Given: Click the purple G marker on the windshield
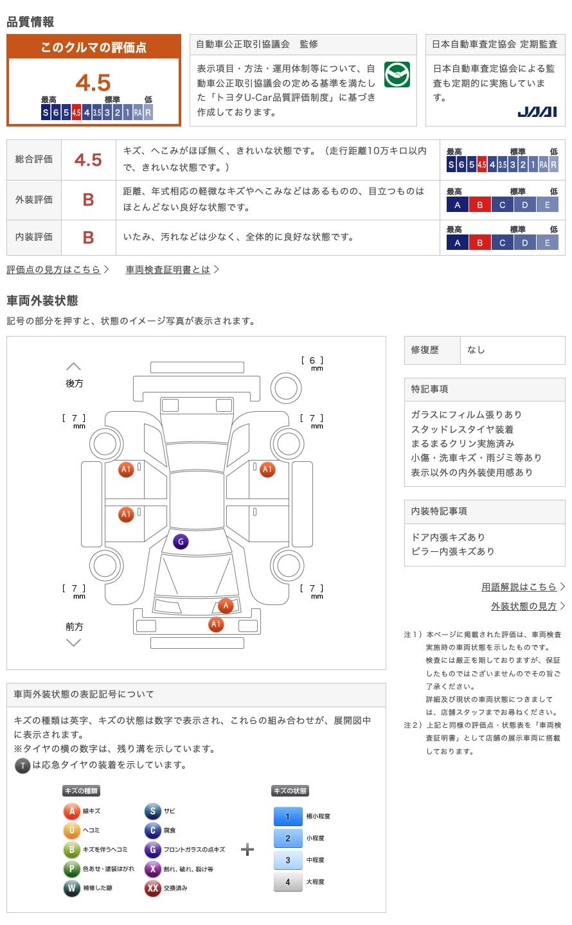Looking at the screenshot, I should tap(181, 542).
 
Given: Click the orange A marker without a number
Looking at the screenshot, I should tap(225, 605).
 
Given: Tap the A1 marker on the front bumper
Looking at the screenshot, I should tap(216, 624).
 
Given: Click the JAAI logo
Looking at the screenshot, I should tap(537, 112).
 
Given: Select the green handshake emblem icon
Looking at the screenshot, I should tap(397, 75).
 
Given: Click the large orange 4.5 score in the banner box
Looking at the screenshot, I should tap(93, 83).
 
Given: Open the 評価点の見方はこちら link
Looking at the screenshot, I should tap(54, 270).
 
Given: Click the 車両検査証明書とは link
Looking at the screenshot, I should tap(168, 270).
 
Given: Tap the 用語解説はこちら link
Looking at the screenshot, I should tap(519, 586).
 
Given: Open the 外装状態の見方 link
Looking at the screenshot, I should tap(524, 606).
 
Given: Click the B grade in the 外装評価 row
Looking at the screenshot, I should tap(88, 200).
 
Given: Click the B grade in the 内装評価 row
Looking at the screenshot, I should tap(88, 238).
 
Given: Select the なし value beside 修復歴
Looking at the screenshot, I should tap(476, 350).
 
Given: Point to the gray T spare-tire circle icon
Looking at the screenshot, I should tap(22, 765).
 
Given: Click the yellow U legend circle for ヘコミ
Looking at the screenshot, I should tap(71, 831).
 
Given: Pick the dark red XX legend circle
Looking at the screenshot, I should tap(152, 888).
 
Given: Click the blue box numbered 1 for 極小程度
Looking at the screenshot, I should tap(288, 816).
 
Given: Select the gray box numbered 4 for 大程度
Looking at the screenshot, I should tap(288, 882).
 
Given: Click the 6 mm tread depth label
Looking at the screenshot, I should tap(312, 363).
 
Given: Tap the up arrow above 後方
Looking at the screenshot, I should tap(74, 367).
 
